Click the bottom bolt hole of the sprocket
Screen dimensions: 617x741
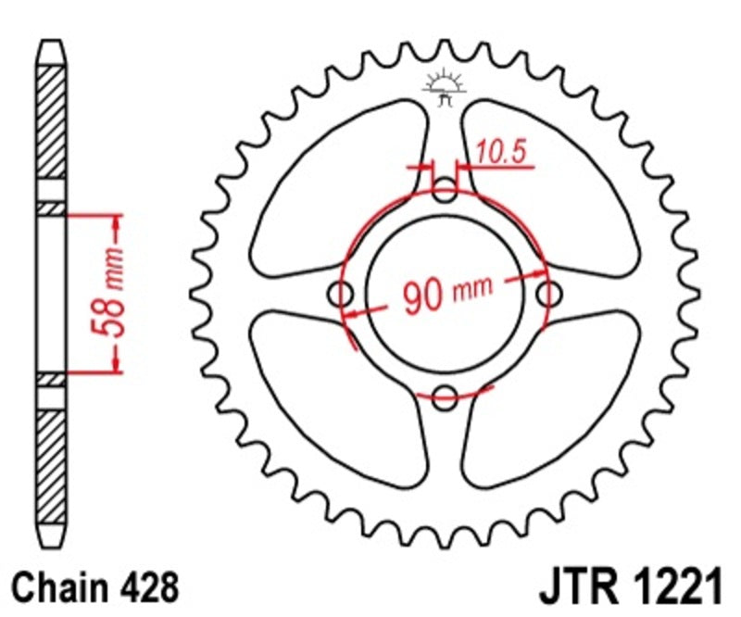click(x=446, y=397)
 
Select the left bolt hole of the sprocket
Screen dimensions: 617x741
click(x=343, y=296)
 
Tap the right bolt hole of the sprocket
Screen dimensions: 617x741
click(x=549, y=296)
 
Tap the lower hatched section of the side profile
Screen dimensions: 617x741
click(x=52, y=463)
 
